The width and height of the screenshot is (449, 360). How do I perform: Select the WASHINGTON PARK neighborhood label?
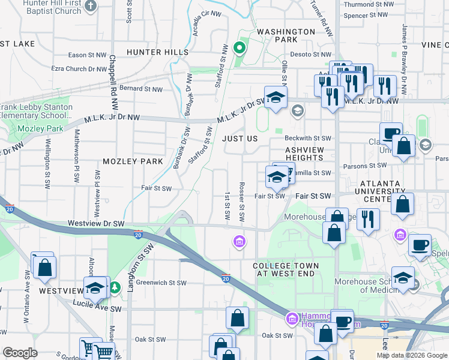[286, 35]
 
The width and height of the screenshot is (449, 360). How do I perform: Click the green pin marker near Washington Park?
[240, 48]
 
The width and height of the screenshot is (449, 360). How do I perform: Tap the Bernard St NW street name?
[140, 89]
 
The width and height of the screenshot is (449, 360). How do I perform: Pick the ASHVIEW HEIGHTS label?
[304, 154]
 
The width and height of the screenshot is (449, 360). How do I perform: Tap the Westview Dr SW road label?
[96, 223]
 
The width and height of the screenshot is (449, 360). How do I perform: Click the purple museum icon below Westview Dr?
[239, 241]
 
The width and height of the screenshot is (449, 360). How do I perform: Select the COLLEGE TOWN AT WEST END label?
[285, 269]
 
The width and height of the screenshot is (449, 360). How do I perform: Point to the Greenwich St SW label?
[161, 283]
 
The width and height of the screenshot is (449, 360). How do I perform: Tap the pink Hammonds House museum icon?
[292, 318]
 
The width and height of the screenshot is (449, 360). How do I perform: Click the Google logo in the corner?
[20, 353]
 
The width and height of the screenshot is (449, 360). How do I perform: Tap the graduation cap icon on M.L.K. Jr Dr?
[276, 98]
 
